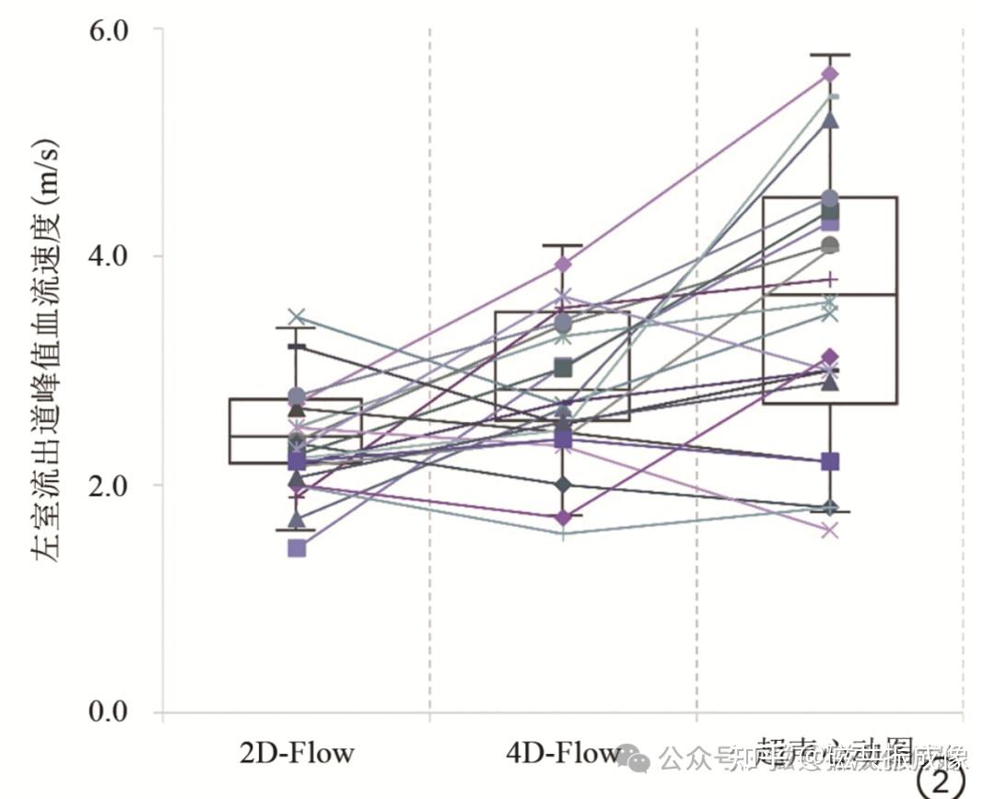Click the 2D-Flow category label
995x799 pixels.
(297, 753)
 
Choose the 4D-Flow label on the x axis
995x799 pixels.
(562, 753)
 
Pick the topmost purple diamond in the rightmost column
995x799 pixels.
(830, 74)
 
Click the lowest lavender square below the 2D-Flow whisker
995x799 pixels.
(297, 548)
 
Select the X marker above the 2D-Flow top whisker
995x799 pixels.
(297, 317)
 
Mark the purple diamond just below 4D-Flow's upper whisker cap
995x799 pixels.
(563, 265)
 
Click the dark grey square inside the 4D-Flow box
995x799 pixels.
(563, 369)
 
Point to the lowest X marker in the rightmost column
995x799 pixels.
(830, 530)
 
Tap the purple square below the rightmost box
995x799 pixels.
(830, 461)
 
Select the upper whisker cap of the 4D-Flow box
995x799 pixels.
(563, 245)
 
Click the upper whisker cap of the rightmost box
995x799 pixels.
(830, 55)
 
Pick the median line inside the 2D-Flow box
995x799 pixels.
(297, 436)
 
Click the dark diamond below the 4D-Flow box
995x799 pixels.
(563, 485)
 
